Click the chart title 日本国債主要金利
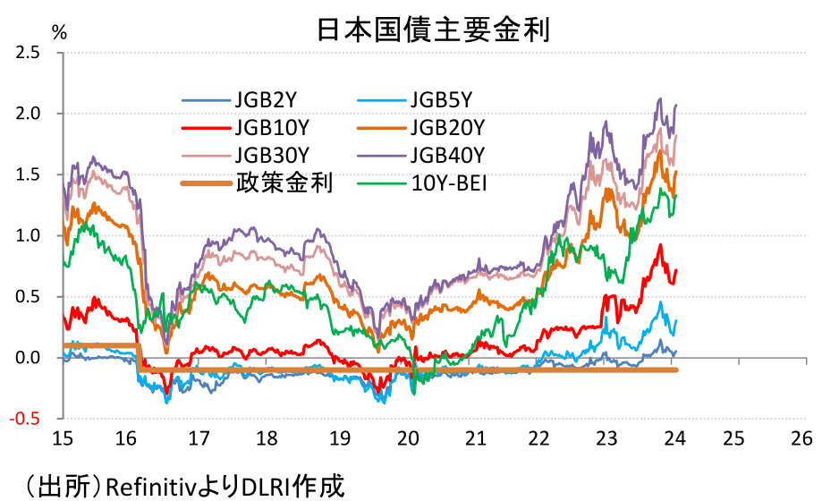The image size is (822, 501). pyautogui.click(x=432, y=29)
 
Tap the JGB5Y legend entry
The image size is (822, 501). pyautogui.click(x=441, y=99)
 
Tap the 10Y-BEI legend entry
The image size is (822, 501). pyautogui.click(x=446, y=183)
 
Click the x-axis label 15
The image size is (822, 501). pyautogui.click(x=63, y=438)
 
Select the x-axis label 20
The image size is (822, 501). pyautogui.click(x=408, y=438)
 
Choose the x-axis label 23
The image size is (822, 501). pyautogui.click(x=607, y=438)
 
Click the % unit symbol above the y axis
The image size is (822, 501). pyautogui.click(x=59, y=32)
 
